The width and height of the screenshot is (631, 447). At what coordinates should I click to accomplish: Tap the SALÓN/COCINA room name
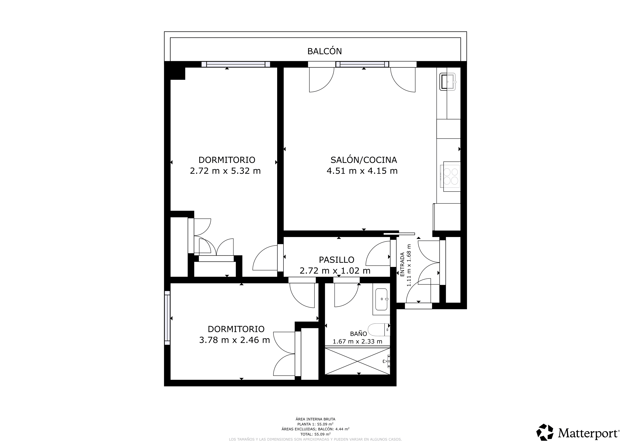pos(364,160)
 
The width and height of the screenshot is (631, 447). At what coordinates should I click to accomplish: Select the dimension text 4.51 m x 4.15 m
pos(362,171)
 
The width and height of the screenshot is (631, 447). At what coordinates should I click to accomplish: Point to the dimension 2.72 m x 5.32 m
pos(225,171)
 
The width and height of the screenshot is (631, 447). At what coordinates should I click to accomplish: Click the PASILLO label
pos(336,260)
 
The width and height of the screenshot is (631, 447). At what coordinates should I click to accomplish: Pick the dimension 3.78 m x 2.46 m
pos(234,340)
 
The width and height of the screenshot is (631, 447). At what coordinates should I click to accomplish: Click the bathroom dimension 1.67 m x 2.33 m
pos(357,342)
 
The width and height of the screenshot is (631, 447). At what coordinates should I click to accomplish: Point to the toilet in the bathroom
pos(379,330)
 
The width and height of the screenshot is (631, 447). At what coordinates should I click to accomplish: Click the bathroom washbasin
pos(382,299)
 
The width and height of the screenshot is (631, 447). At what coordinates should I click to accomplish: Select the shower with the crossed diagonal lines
pos(357,361)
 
